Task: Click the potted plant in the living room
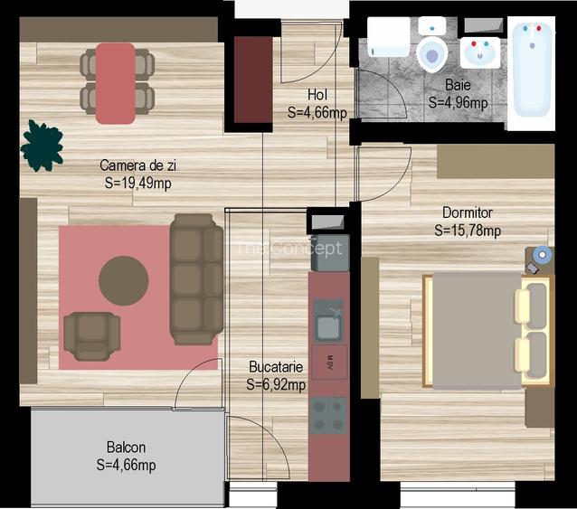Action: tap(42, 146)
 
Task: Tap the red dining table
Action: tap(116, 82)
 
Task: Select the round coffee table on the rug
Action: tap(124, 280)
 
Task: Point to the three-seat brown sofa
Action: tap(196, 278)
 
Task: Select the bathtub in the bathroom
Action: tap(531, 71)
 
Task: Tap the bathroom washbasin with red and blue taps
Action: tap(479, 53)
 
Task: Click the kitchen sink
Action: tap(327, 319)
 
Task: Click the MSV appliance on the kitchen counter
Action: tap(328, 362)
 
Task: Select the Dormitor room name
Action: tap(468, 212)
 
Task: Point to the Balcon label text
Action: tap(126, 448)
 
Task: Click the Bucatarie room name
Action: tap(276, 367)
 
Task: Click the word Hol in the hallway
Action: tap(317, 95)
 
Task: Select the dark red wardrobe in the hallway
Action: tap(253, 80)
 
